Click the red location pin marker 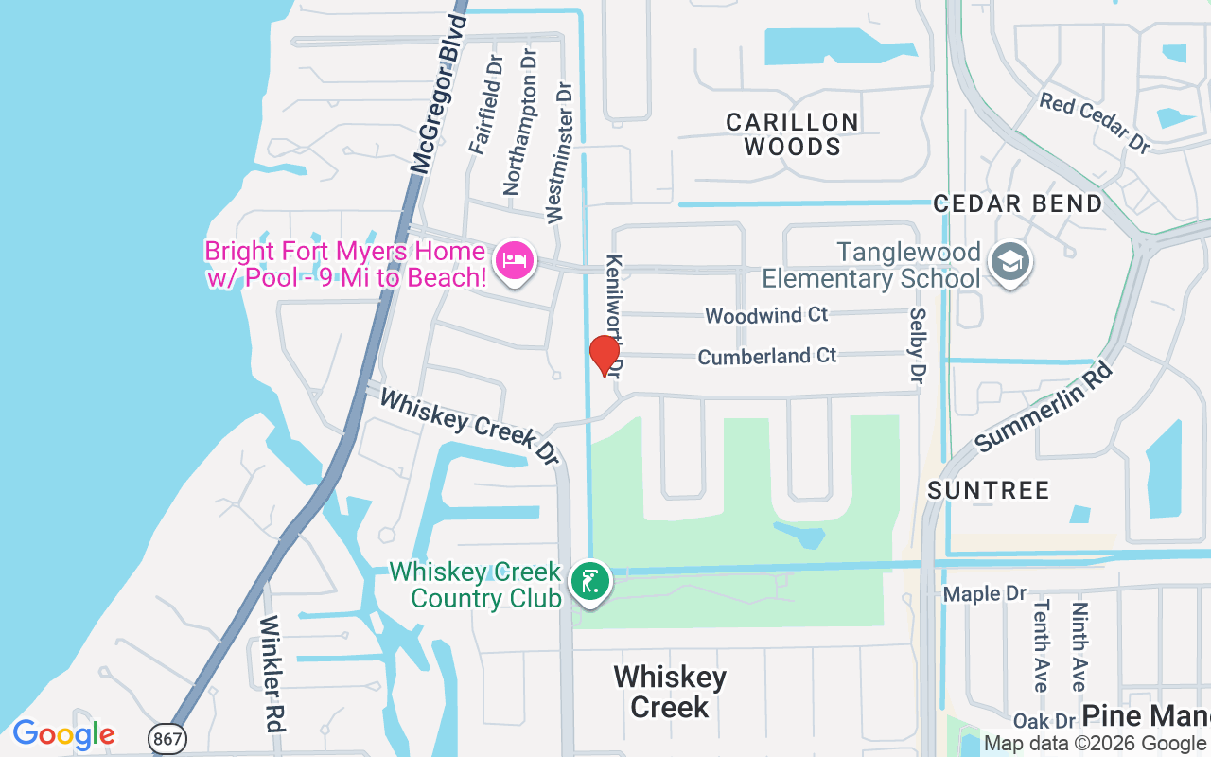pos(605,355)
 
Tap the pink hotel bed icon pos(514,258)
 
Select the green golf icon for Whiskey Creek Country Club pos(588,580)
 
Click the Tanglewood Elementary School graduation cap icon pos(1009,262)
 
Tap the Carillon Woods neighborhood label pos(793,134)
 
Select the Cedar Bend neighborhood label pos(1018,203)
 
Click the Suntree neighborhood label pos(989,490)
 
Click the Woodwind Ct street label pos(766,315)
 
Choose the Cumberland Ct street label pos(767,357)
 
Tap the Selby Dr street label pos(917,345)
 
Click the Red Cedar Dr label pos(1095,123)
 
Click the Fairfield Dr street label pos(485,104)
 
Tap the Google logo pos(63,734)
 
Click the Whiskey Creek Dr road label pos(469,426)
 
